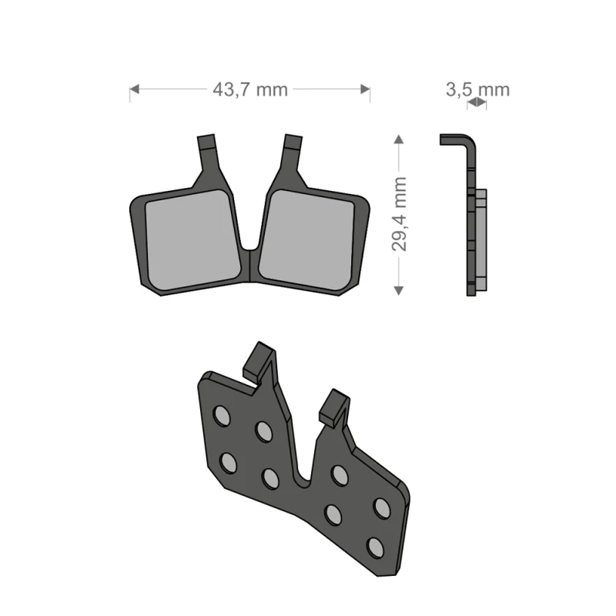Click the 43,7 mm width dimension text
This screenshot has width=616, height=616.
pos(249,89)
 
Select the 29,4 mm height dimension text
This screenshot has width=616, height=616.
pos(399,213)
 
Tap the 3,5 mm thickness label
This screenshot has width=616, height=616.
pos(477,89)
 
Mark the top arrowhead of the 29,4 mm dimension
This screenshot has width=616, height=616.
pos(398,139)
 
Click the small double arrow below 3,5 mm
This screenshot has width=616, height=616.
pos(477,102)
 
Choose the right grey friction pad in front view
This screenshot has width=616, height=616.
pos(308,239)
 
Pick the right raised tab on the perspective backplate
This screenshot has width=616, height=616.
pos(334,407)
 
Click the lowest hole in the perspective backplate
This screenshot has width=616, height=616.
pos(375,547)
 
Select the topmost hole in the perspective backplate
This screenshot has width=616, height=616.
pos(222,416)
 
